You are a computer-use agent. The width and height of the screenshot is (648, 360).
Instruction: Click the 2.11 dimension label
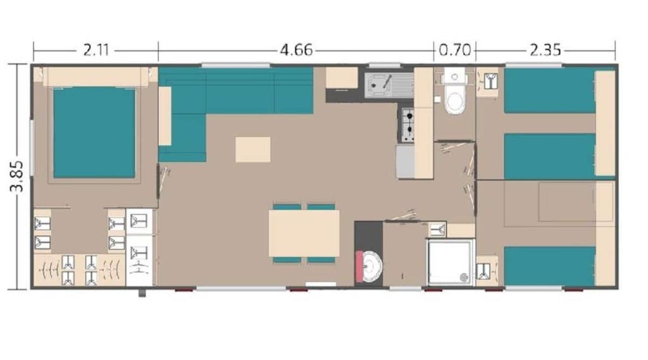[x=96, y=51]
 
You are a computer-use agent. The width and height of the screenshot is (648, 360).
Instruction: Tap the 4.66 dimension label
[x=296, y=51]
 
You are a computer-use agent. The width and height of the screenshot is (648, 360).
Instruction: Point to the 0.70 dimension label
[x=454, y=51]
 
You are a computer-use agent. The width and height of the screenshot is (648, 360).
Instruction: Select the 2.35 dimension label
[x=545, y=51]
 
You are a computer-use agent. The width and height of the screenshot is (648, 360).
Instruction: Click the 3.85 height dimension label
[x=17, y=176]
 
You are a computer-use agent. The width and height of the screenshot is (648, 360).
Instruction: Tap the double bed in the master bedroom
[x=94, y=132]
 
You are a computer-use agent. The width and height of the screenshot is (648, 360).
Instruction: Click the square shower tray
[x=450, y=262]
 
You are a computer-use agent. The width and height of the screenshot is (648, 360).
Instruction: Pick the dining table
[x=304, y=233]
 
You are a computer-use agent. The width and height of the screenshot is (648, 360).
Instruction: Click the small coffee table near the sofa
[x=253, y=149]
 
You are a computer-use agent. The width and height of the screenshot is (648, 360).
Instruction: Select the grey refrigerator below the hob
[x=405, y=161]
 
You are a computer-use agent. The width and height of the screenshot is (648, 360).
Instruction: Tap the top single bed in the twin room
[x=550, y=90]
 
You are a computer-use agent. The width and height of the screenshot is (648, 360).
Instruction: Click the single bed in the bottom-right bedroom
[x=550, y=266]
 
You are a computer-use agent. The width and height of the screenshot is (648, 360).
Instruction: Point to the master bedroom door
[x=163, y=181]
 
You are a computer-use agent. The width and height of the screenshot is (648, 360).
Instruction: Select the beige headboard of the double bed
[x=96, y=77]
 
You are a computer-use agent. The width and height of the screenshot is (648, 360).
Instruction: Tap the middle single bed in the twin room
[x=550, y=156]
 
